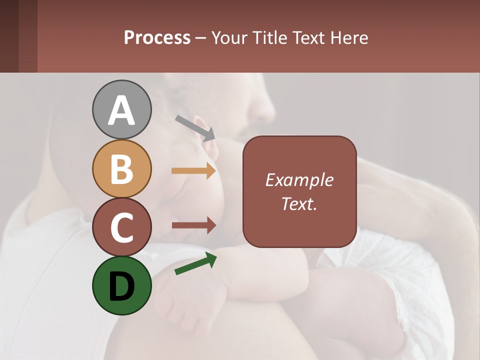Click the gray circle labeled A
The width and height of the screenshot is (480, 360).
tap(121, 109)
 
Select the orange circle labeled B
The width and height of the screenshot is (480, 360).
tap(121, 168)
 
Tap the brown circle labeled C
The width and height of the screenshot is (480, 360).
tap(121, 227)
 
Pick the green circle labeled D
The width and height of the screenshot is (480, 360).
tap(121, 285)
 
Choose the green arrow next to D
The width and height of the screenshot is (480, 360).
tap(195, 263)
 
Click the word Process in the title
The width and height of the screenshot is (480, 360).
tap(157, 37)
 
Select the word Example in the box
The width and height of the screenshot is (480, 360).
tap(299, 180)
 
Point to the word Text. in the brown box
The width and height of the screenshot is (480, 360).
tap(299, 203)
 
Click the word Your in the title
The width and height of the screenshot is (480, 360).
tap(227, 37)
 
